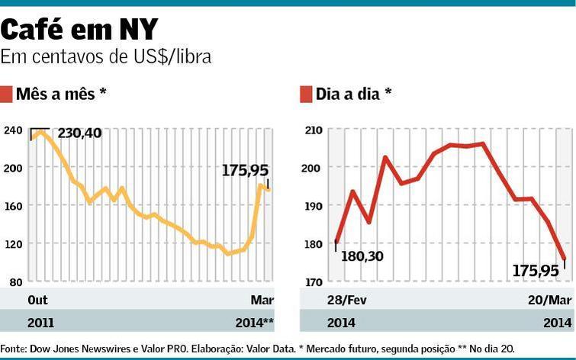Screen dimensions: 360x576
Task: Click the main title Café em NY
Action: tap(79, 30)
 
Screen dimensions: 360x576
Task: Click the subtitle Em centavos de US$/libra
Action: tap(106, 56)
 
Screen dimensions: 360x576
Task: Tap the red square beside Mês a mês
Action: tap(6, 94)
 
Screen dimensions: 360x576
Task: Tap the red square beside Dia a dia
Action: tap(306, 94)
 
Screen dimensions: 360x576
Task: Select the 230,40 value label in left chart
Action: tap(79, 133)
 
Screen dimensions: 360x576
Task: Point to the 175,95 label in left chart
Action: tap(245, 170)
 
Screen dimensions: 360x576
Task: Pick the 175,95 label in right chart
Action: tap(537, 270)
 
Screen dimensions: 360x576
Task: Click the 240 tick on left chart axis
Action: tap(13, 130)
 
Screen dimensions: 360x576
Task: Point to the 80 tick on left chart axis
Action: tap(15, 282)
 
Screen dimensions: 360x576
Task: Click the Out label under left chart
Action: tap(37, 299)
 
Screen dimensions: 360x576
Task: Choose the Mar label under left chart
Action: tap(262, 299)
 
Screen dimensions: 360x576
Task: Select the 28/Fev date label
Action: tap(347, 299)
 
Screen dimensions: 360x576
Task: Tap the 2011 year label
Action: tap(40, 323)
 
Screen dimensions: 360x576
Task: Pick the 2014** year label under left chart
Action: tap(257, 323)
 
